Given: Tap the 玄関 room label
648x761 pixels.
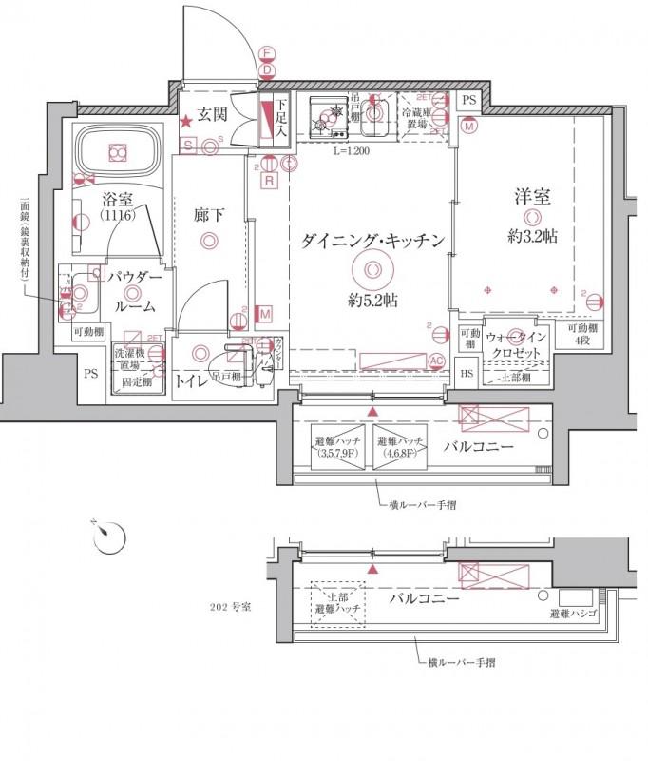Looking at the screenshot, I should point(212,116).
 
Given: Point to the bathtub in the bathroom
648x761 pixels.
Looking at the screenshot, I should point(118,151).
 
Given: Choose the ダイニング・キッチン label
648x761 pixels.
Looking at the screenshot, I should point(372,242).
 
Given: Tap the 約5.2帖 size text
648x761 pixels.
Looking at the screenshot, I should point(372,301).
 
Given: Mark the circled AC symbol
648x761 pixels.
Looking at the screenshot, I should point(437,361).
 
